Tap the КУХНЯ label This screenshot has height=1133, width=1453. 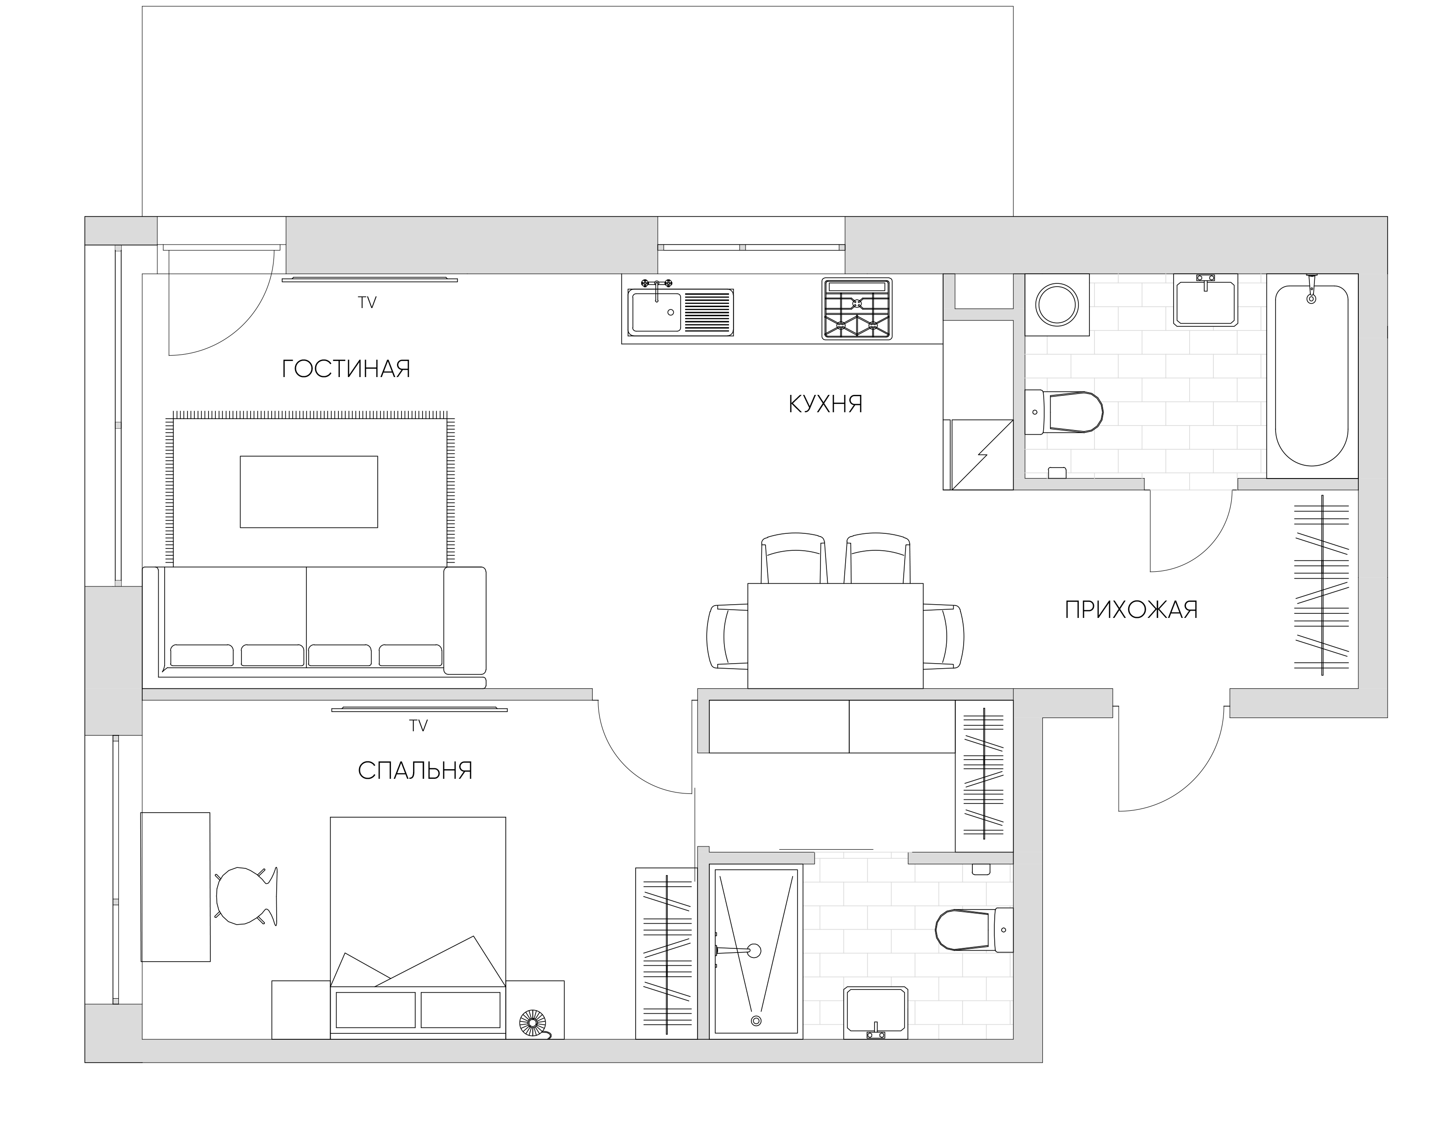pyautogui.click(x=825, y=404)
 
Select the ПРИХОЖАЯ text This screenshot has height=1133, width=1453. pyautogui.click(x=1131, y=610)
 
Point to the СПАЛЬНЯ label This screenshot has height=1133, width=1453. pyautogui.click(x=415, y=771)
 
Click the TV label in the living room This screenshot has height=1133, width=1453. pyautogui.click(x=367, y=303)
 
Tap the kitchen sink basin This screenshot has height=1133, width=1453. pyautogui.click(x=656, y=312)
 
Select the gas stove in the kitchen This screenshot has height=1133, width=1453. pyautogui.click(x=857, y=309)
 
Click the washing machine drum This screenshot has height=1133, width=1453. pyautogui.click(x=1057, y=304)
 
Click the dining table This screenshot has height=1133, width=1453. pyautogui.click(x=835, y=636)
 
